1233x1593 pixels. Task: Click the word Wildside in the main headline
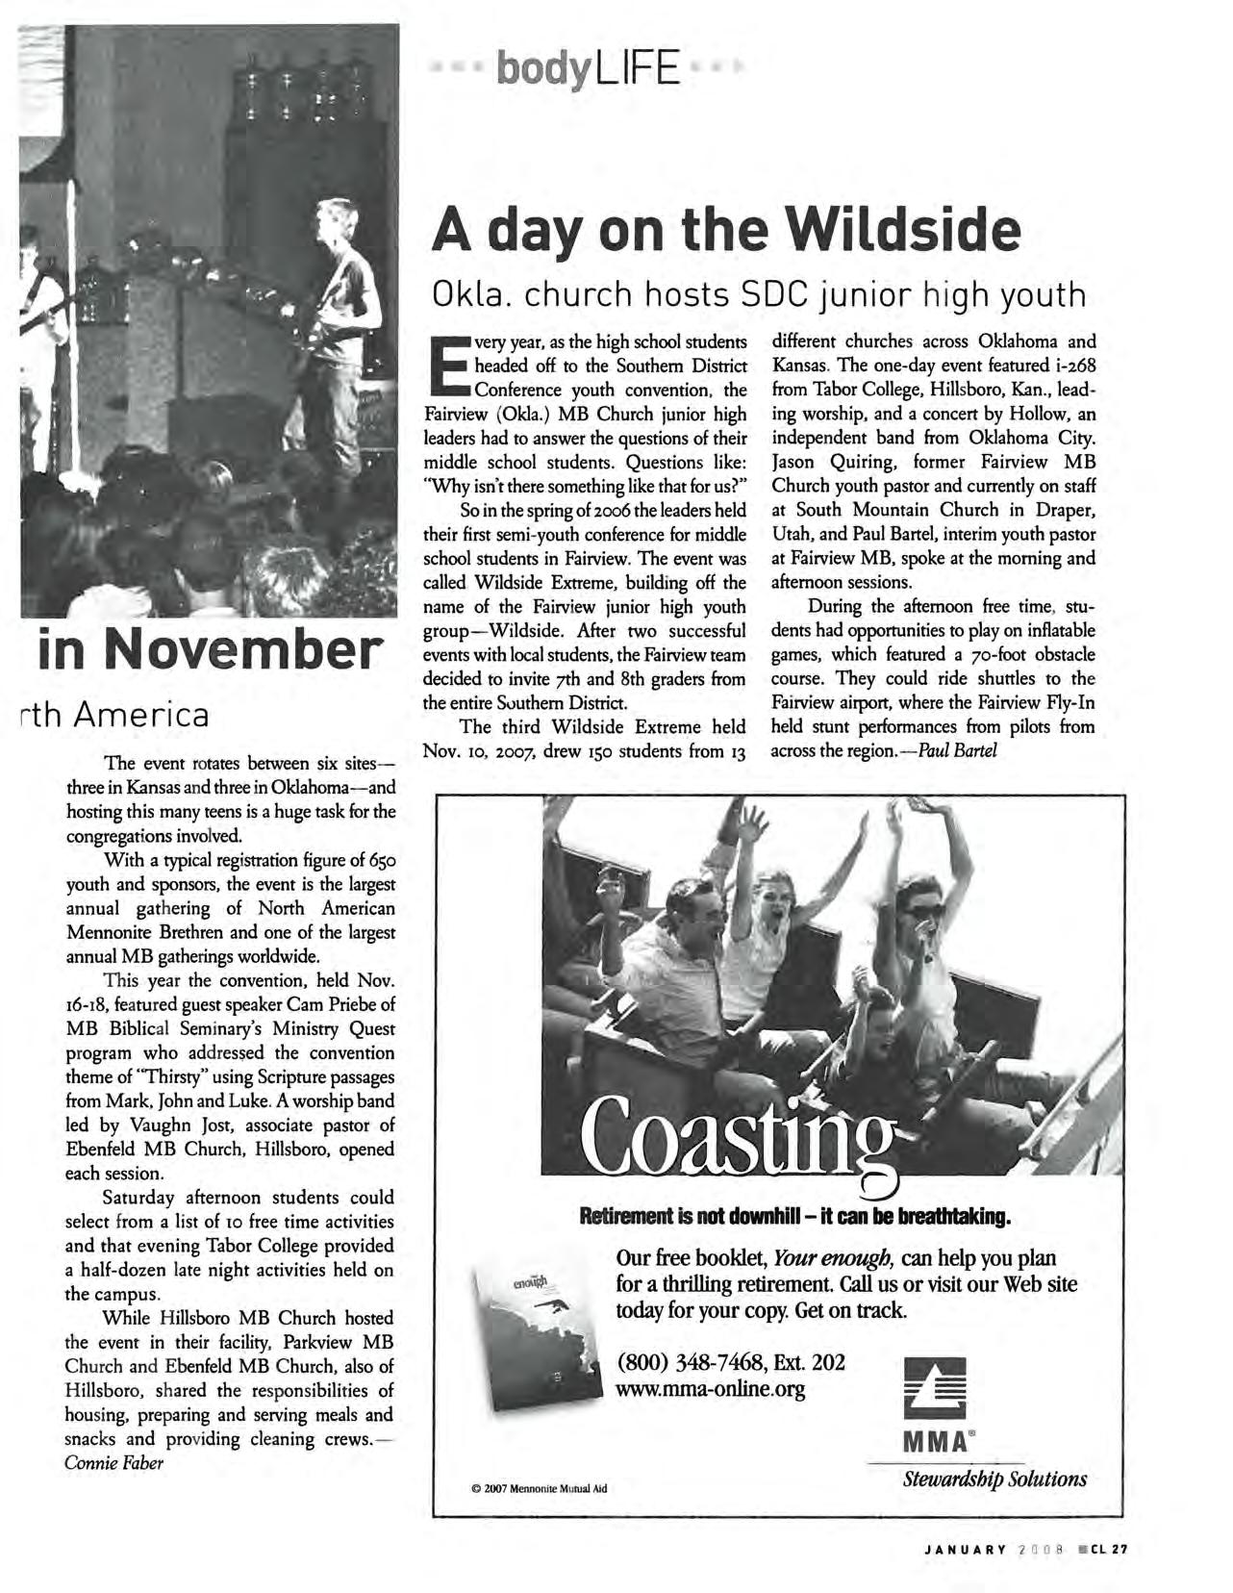click(903, 231)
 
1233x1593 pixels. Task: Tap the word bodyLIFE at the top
click(588, 69)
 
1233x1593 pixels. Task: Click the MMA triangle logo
click(934, 1386)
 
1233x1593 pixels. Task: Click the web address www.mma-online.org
click(711, 1389)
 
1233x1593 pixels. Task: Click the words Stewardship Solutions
click(994, 1479)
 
